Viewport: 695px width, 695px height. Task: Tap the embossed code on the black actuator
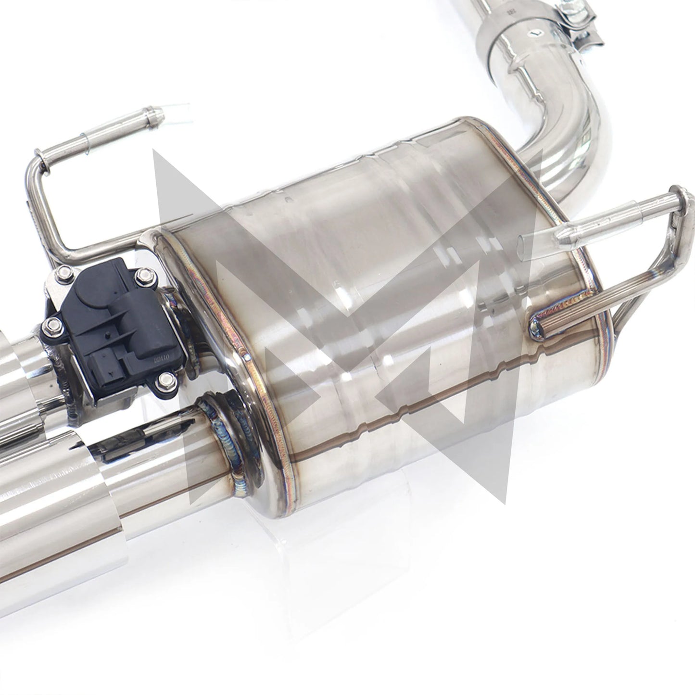tap(156, 356)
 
